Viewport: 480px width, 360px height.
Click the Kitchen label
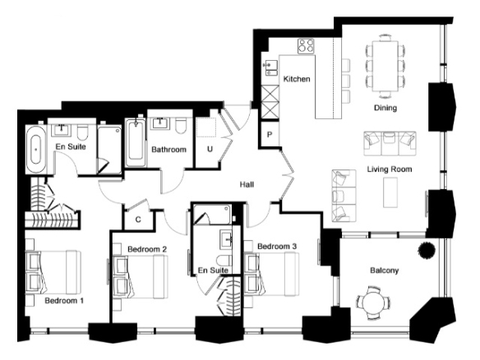297,79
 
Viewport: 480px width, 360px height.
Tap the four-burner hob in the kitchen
306,46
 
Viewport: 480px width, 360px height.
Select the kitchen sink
271,67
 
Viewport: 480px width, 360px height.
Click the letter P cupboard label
270,135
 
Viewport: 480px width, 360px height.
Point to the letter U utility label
210,149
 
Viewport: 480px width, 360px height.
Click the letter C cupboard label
138,219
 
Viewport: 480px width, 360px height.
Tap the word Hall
247,185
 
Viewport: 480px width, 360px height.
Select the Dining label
385,108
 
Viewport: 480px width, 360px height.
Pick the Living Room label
390,169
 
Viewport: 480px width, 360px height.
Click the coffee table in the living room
390,192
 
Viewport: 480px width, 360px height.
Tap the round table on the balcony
373,303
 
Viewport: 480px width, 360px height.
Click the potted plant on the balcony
427,250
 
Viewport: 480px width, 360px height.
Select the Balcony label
385,270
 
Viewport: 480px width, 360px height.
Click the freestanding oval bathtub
36,150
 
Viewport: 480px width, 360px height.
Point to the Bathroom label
168,150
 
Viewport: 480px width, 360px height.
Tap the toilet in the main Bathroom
180,126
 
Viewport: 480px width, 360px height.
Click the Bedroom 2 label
147,249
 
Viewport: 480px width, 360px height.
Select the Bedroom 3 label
277,246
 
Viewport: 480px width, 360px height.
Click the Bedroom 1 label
64,301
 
